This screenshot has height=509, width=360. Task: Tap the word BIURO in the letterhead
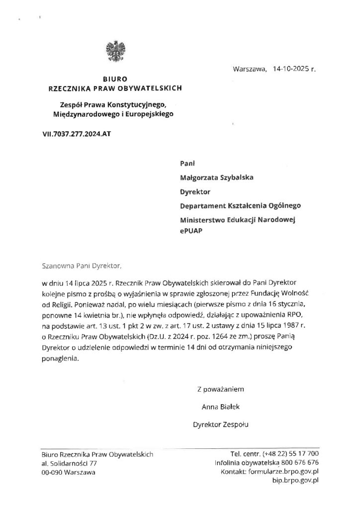click(x=115, y=79)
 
